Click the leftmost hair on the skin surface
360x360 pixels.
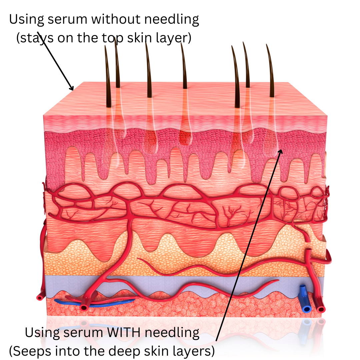107,77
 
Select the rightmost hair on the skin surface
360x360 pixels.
270,72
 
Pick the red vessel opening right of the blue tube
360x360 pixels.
321,309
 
